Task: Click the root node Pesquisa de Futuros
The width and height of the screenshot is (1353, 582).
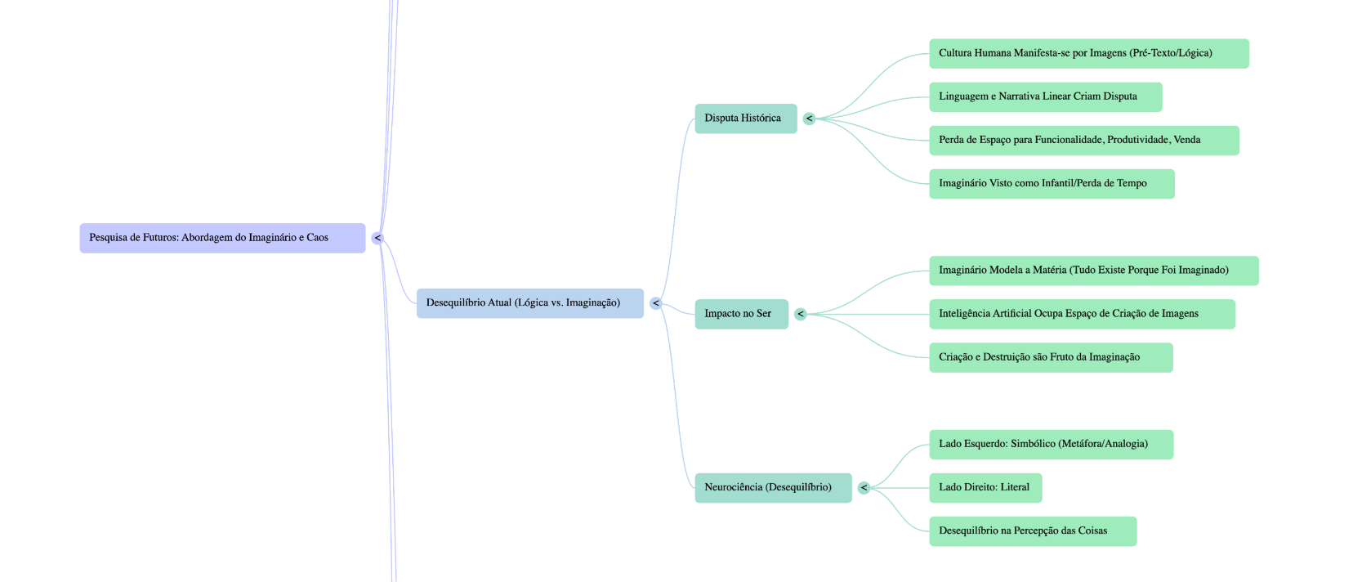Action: [221, 238]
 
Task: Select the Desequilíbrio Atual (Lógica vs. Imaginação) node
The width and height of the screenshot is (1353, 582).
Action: [529, 303]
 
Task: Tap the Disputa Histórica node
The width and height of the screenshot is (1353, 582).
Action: [745, 119]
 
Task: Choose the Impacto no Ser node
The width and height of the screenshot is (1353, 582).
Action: [741, 314]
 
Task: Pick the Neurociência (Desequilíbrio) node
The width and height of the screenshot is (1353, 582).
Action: [772, 488]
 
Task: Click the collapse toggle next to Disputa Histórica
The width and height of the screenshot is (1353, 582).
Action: [809, 119]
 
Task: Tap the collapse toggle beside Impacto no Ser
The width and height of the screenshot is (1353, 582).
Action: [801, 314]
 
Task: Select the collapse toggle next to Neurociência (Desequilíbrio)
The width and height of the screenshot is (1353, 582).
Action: [864, 488]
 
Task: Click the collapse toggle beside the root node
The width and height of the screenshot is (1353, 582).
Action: [377, 238]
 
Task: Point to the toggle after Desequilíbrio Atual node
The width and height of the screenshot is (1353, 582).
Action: [655, 303]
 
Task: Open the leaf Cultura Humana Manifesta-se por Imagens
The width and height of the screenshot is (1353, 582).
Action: [1088, 53]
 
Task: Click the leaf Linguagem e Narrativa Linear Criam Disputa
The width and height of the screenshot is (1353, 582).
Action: [1045, 96]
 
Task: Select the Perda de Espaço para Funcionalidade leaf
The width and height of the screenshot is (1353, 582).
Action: [1083, 140]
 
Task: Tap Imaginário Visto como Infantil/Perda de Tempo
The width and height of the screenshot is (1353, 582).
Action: [1052, 184]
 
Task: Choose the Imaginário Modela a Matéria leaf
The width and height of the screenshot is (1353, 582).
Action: [1093, 271]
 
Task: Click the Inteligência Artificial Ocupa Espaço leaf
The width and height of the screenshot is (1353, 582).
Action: [1082, 314]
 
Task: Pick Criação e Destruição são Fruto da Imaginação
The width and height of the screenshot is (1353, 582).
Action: [1051, 357]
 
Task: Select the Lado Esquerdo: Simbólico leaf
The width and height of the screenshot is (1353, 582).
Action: [1051, 444]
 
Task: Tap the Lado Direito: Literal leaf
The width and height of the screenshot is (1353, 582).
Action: [985, 488]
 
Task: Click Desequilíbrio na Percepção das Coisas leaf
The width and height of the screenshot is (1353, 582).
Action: [1033, 531]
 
